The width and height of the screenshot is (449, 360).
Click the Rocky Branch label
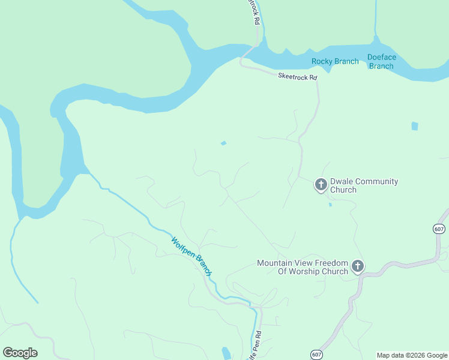335,61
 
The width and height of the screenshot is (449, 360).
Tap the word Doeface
382,58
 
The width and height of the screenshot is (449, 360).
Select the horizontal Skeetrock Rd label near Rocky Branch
297,76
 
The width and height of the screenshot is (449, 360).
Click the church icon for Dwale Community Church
321,184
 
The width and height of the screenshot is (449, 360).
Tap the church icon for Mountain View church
358,266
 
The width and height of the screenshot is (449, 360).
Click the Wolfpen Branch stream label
191,256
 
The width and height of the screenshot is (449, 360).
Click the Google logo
20,353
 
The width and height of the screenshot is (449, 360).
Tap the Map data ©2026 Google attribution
411,355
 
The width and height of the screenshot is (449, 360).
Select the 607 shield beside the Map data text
316,355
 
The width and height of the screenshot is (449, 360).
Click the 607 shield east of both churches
438,228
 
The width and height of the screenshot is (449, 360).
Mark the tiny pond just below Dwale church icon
330,205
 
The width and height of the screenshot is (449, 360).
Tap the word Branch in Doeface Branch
381,66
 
